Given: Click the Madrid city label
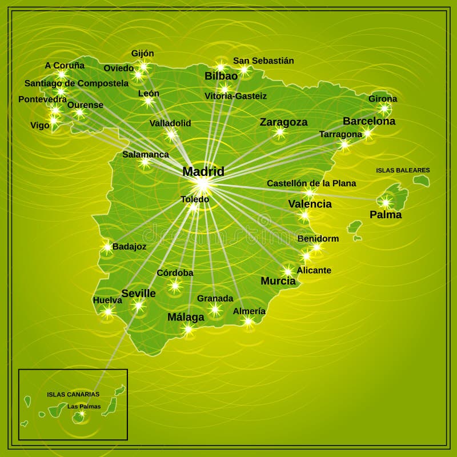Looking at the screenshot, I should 203,171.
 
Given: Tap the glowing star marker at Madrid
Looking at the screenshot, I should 202,184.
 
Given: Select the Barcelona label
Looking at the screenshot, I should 368,121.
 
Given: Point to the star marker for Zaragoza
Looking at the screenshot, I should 280,133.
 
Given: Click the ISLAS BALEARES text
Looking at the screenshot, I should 403,170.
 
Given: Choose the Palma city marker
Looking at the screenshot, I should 386,202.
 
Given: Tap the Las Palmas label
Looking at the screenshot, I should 84,406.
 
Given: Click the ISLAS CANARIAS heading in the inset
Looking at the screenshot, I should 73,394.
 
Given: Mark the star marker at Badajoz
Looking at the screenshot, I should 107,247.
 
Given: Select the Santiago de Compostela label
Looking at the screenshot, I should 77,83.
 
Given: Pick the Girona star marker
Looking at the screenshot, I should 384,108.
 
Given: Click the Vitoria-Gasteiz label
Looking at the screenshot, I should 235,96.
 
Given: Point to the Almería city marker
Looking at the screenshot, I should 248,321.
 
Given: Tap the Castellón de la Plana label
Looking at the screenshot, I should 311,183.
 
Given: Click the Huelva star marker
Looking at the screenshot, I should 107,311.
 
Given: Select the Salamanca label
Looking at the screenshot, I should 146,154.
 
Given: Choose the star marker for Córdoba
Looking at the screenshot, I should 175,284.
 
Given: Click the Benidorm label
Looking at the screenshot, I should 318,238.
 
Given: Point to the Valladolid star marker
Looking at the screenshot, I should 171,135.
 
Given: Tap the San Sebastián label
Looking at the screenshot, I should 263,61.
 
